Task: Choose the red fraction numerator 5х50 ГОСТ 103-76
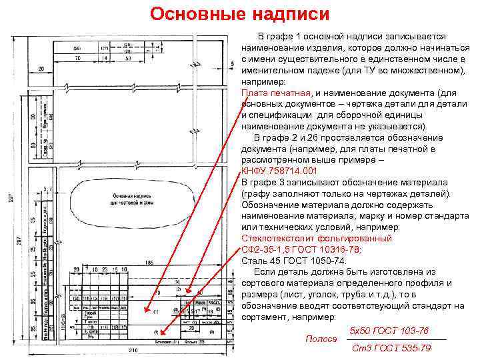389,331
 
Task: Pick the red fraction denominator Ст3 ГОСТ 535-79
391,347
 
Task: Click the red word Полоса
321,339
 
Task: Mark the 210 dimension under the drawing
133,351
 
